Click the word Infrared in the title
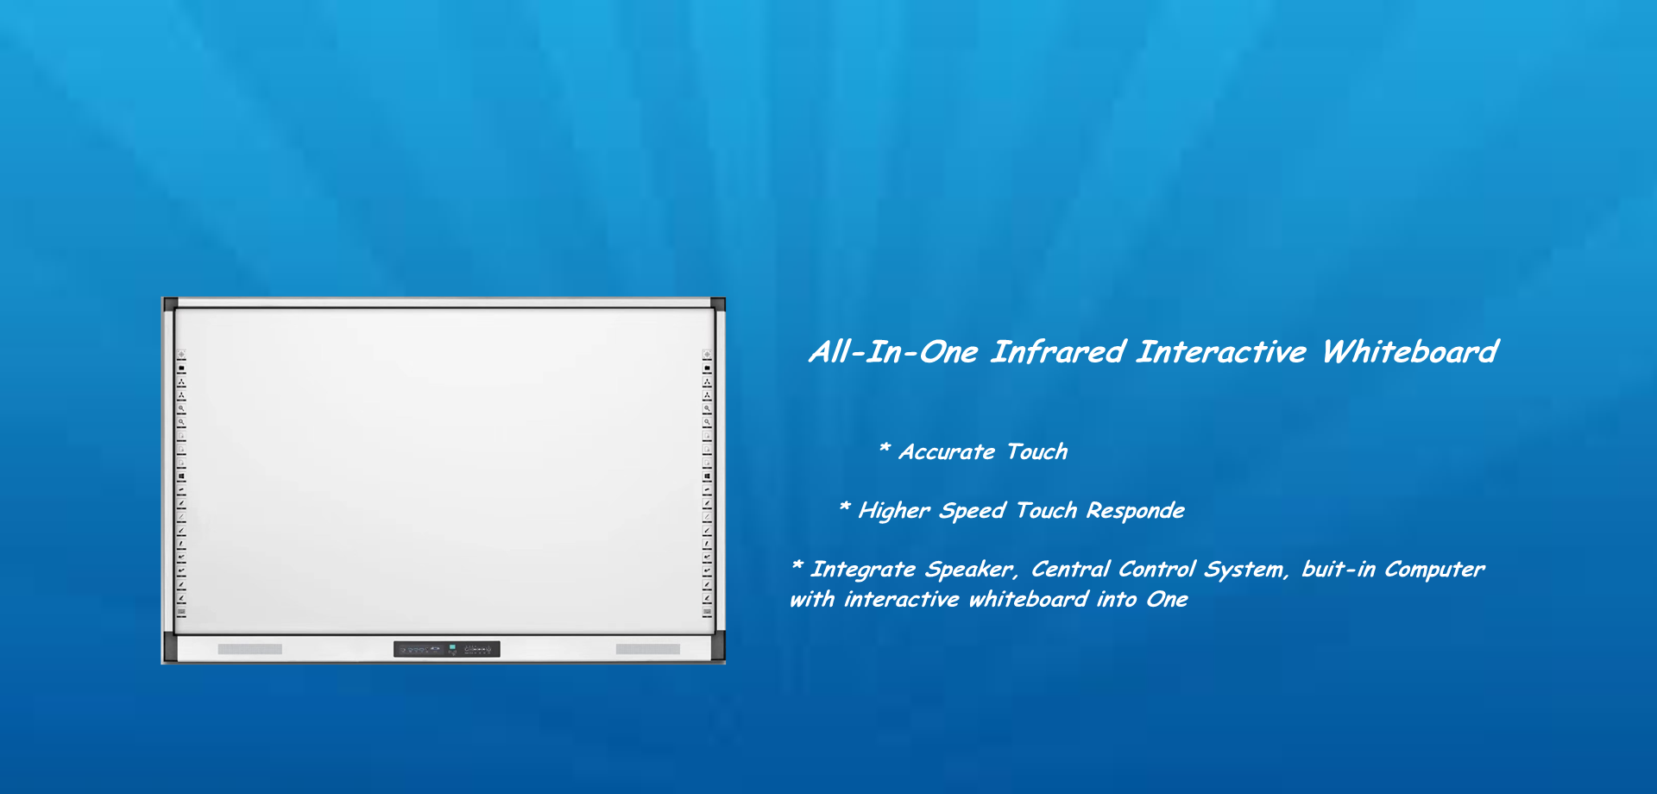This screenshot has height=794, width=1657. pyautogui.click(x=1058, y=352)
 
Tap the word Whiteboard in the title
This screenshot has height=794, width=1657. pyautogui.click(x=1410, y=352)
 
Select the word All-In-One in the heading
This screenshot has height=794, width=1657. pyautogui.click(x=893, y=352)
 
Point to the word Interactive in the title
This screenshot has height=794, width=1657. pyautogui.click(x=1221, y=352)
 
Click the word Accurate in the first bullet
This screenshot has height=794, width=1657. pyautogui.click(x=947, y=452)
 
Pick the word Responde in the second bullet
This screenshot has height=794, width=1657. pyautogui.click(x=1135, y=511)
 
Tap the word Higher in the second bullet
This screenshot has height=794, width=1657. pyautogui.click(x=894, y=511)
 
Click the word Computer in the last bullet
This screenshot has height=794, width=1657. pyautogui.click(x=1434, y=570)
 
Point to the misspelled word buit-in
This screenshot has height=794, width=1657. pyautogui.click(x=1338, y=570)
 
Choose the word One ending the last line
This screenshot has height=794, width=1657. pyautogui.click(x=1167, y=599)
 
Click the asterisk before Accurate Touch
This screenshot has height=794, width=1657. pyautogui.click(x=885, y=448)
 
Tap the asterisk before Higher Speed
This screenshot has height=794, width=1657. pyautogui.click(x=845, y=507)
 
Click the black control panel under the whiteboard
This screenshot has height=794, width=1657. pyautogui.click(x=447, y=649)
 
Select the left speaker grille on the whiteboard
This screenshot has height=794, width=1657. pyautogui.click(x=250, y=649)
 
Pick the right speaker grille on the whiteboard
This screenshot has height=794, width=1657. pyautogui.click(x=648, y=649)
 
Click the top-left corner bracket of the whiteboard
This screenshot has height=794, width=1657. pyautogui.click(x=171, y=304)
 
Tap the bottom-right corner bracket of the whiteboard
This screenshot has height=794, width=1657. pyautogui.click(x=718, y=647)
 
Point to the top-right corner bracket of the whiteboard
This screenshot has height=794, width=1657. pyautogui.click(x=718, y=304)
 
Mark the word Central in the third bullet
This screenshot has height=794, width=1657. pyautogui.click(x=1070, y=570)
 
